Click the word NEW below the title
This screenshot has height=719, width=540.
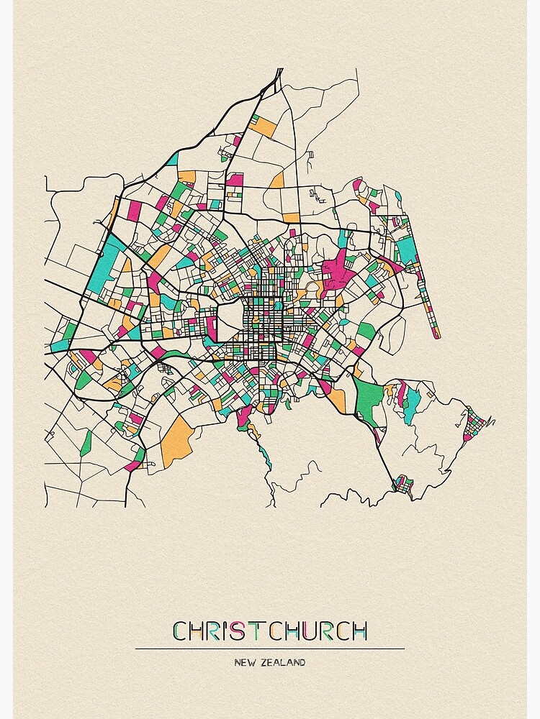pyautogui.click(x=243, y=662)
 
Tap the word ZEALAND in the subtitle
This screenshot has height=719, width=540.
pyautogui.click(x=281, y=662)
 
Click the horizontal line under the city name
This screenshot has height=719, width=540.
pyautogui.click(x=269, y=649)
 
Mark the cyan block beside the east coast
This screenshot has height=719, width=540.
pyautogui.click(x=408, y=249)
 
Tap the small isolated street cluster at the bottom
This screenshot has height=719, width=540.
pyautogui.click(x=402, y=485)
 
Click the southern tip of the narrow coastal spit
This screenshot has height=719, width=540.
pyautogui.click(x=435, y=335)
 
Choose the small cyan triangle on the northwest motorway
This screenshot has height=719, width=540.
pyautogui.click(x=172, y=158)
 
